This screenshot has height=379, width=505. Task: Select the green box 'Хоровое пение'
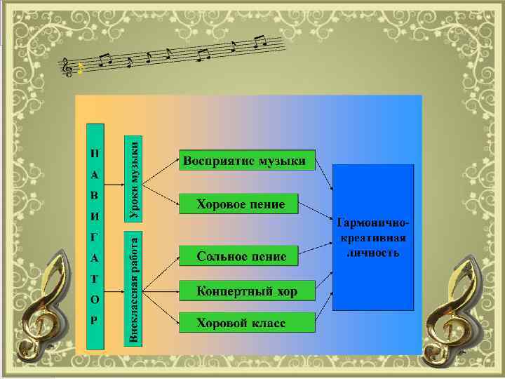pos(239,204)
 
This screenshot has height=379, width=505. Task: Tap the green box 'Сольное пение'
pos(239,256)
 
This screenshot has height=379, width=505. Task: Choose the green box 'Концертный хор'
pos(246,291)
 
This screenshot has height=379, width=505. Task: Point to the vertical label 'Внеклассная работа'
pos(133,288)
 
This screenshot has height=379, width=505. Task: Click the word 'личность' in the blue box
pos(374,252)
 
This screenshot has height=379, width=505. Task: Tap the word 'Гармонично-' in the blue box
pos(374,224)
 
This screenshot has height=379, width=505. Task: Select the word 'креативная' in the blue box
pos(374,238)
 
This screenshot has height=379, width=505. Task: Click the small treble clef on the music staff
pos(67,67)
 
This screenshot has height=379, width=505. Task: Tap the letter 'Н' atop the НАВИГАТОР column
pos(95,152)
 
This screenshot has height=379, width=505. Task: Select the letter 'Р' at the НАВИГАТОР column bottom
pos(95,319)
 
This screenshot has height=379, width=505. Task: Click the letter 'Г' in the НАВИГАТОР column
pos(95,236)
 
